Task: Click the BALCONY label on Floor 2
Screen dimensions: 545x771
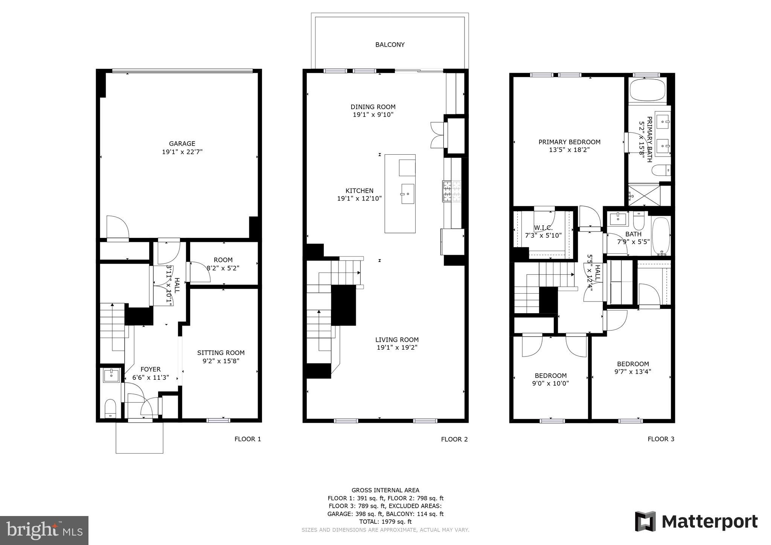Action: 390,44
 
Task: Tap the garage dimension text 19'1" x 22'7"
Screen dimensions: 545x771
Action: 182,152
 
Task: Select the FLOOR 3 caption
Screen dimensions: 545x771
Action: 661,439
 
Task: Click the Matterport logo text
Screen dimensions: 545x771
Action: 709,522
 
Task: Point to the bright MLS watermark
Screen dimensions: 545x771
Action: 44,531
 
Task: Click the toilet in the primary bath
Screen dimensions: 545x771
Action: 661,170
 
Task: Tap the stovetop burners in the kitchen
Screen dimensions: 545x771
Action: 452,192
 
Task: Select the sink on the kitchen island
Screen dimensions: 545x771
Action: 407,194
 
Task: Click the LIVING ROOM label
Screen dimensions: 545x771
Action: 397,339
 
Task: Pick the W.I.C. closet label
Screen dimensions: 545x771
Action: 543,228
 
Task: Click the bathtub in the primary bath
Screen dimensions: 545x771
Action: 648,90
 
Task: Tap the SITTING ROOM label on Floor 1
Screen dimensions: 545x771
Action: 221,353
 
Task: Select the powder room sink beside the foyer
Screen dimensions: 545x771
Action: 111,375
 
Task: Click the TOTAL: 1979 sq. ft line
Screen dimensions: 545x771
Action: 385,522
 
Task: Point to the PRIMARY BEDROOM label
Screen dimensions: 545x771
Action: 569,142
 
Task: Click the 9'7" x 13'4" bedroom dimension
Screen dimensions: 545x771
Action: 633,371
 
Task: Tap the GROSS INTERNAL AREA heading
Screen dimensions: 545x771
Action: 385,490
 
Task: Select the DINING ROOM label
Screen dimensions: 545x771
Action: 373,107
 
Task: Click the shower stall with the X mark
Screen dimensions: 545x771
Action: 644,195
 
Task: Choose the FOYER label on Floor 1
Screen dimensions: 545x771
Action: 151,369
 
